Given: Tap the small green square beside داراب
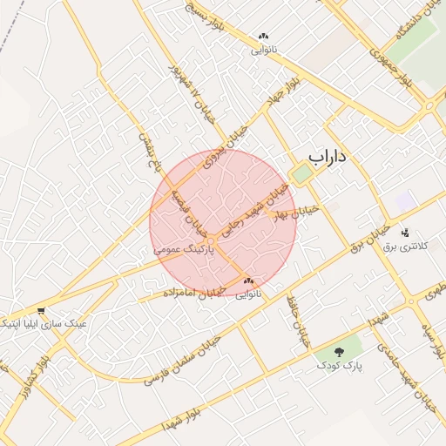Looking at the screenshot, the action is pyautogui.click(x=301, y=174).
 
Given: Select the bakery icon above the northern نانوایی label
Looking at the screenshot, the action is pyautogui.click(x=262, y=37).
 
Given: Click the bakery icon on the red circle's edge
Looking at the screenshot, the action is pyautogui.click(x=249, y=280).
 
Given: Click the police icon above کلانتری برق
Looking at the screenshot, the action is pyautogui.click(x=404, y=233).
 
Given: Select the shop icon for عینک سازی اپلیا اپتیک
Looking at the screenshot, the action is pyautogui.click(x=41, y=310).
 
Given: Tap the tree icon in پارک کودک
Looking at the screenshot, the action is pyautogui.click(x=338, y=351).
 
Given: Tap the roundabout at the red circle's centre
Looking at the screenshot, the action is pyautogui.click(x=211, y=240).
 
